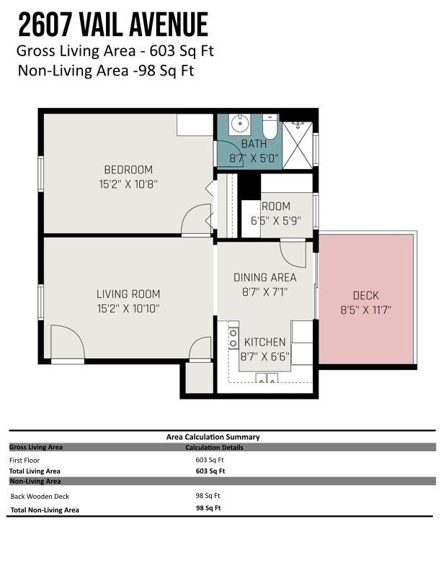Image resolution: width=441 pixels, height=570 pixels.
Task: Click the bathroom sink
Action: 240,125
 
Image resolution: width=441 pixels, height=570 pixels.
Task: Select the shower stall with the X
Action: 298,145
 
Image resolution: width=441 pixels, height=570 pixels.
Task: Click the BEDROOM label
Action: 128,170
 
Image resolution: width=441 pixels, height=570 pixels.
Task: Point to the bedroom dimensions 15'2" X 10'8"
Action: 128,184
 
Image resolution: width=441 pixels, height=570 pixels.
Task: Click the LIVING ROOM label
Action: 128,294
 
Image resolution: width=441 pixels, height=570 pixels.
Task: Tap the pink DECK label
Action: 365,296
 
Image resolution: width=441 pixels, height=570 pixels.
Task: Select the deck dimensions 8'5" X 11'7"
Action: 365,310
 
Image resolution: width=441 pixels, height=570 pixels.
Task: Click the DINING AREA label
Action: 265,278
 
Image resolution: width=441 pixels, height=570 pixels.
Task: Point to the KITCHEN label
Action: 265,342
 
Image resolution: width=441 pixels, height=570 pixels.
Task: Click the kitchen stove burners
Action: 233,338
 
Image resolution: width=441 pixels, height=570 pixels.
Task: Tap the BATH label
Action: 254,144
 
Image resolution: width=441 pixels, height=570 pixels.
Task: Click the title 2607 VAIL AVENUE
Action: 113,24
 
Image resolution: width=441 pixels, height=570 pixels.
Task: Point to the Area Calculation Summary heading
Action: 213,437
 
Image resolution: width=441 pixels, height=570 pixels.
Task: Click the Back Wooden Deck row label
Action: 40,496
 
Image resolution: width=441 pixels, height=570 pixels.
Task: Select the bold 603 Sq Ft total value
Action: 210,471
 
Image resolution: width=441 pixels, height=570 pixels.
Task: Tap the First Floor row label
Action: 24,460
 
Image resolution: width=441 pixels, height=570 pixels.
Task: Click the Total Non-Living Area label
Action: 45,510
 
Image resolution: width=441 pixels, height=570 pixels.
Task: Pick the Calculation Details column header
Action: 214,448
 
